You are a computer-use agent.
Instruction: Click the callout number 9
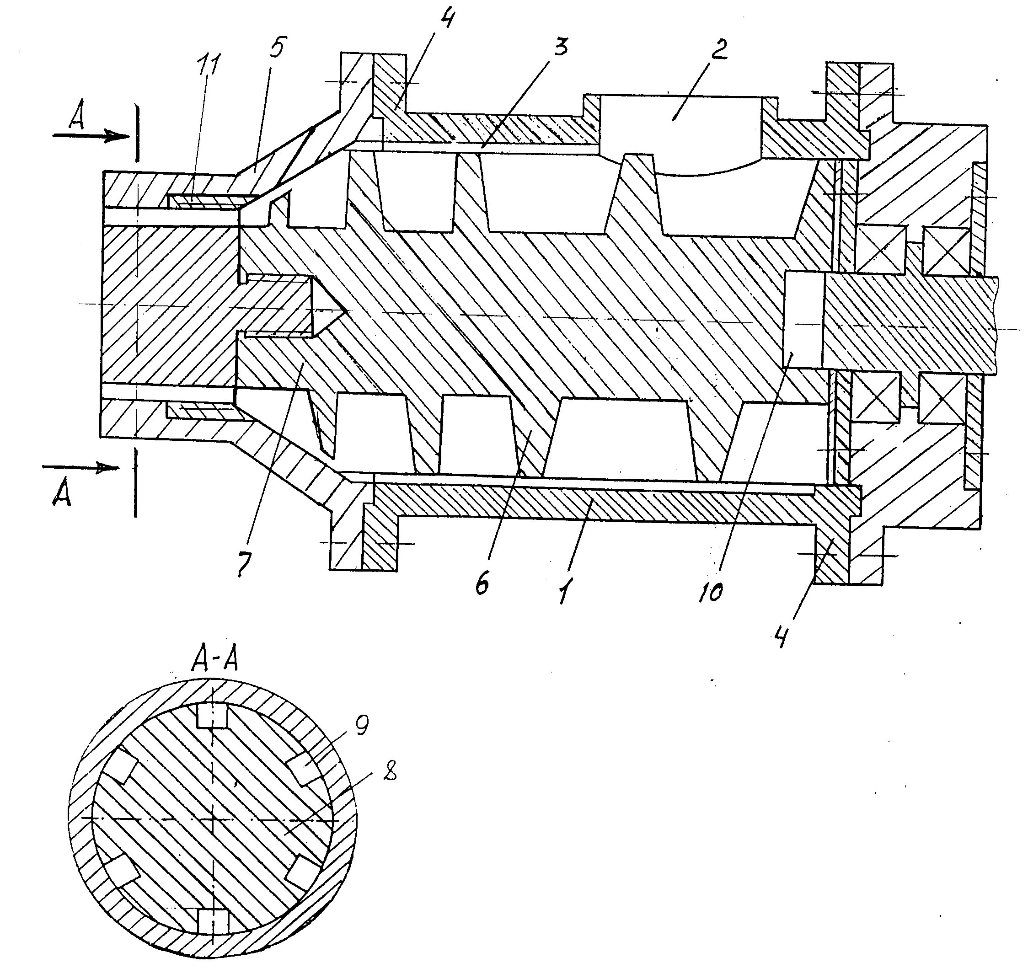361,726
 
